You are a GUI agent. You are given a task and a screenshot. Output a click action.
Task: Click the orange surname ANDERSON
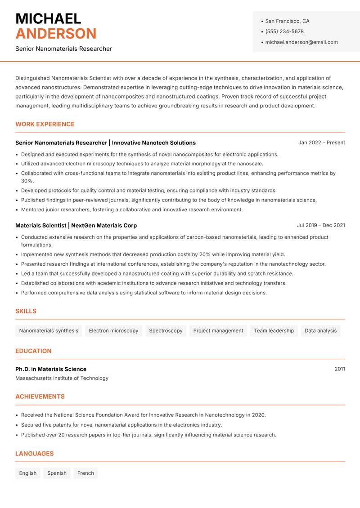click(56, 34)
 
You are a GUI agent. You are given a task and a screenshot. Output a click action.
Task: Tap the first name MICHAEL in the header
click(48, 18)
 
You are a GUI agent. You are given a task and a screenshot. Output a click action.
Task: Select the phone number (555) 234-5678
click(284, 31)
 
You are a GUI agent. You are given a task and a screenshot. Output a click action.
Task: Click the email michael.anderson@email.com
click(301, 42)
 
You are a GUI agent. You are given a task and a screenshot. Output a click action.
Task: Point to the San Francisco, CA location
click(287, 21)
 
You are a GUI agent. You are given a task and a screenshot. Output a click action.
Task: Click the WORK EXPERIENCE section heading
click(45, 124)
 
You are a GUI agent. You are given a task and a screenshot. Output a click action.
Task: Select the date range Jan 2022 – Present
click(321, 143)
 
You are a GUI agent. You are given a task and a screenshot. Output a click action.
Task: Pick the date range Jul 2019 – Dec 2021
click(321, 225)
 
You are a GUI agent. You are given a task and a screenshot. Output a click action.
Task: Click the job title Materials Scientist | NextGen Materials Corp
click(76, 225)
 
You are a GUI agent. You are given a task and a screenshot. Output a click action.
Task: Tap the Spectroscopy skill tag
click(166, 330)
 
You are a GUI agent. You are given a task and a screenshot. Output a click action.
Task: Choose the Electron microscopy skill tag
click(113, 330)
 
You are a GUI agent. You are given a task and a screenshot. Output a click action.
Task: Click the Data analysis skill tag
click(320, 330)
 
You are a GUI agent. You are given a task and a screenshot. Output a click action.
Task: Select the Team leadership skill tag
click(274, 330)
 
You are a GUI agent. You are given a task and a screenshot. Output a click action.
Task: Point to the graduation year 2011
click(340, 369)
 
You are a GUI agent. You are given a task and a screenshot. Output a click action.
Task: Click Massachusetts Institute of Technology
click(62, 378)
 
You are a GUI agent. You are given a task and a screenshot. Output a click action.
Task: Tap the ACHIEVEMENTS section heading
click(40, 397)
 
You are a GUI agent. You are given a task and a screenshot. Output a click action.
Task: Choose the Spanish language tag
click(57, 473)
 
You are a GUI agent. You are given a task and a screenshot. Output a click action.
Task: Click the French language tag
click(85, 473)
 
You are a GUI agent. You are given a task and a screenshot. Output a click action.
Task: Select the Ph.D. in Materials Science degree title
click(51, 369)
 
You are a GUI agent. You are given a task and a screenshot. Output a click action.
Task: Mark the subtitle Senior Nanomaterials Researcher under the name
click(63, 49)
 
